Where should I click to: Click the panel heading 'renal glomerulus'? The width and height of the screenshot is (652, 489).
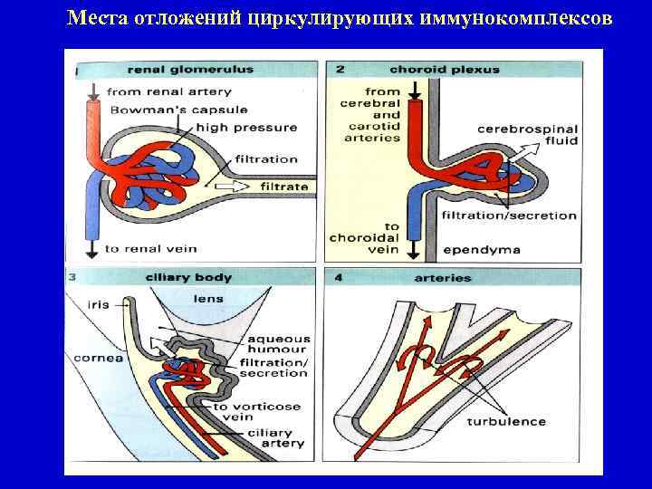(190, 70)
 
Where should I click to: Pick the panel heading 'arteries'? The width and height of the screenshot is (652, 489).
(443, 277)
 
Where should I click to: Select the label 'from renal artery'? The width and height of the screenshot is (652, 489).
(169, 91)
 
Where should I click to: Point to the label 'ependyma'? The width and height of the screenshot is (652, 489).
(473, 248)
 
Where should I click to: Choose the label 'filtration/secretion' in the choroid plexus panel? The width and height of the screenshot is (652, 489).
(508, 216)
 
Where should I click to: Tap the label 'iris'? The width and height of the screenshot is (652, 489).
(98, 304)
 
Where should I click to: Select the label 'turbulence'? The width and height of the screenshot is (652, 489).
(506, 421)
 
